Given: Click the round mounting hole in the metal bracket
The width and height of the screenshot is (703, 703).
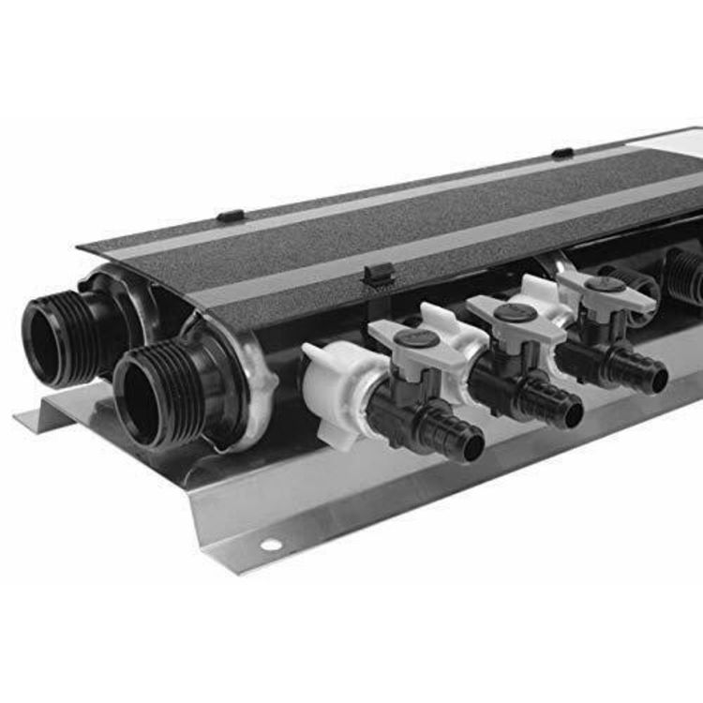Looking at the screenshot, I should click(271, 545).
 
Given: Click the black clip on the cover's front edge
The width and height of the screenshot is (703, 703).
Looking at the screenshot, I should click(376, 274).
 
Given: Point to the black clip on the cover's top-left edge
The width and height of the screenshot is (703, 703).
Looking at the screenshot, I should click(230, 216).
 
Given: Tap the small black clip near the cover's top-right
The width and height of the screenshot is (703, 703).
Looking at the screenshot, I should click(562, 153).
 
